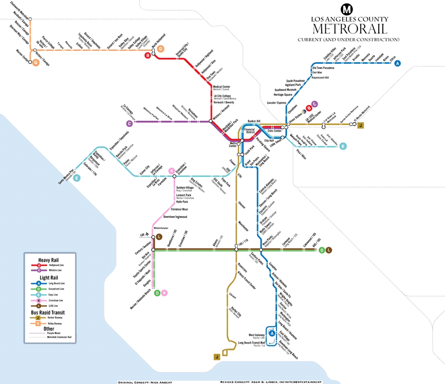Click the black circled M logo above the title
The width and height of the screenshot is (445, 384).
(347, 9)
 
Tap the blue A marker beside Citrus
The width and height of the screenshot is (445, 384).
(397, 64)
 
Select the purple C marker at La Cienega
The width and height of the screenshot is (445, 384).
(130, 123)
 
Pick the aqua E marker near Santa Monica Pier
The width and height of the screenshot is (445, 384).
(76, 178)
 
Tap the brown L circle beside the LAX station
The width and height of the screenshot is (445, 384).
(159, 237)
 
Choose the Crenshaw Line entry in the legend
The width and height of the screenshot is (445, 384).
(52, 300)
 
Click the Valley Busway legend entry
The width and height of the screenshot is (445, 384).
(52, 323)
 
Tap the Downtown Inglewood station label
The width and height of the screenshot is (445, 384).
(175, 217)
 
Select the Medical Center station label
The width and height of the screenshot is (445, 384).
(222, 86)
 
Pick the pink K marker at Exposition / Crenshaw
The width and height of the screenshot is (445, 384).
(172, 170)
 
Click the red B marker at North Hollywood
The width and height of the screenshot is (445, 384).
(148, 56)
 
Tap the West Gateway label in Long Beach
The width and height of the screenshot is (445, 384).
(257, 334)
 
